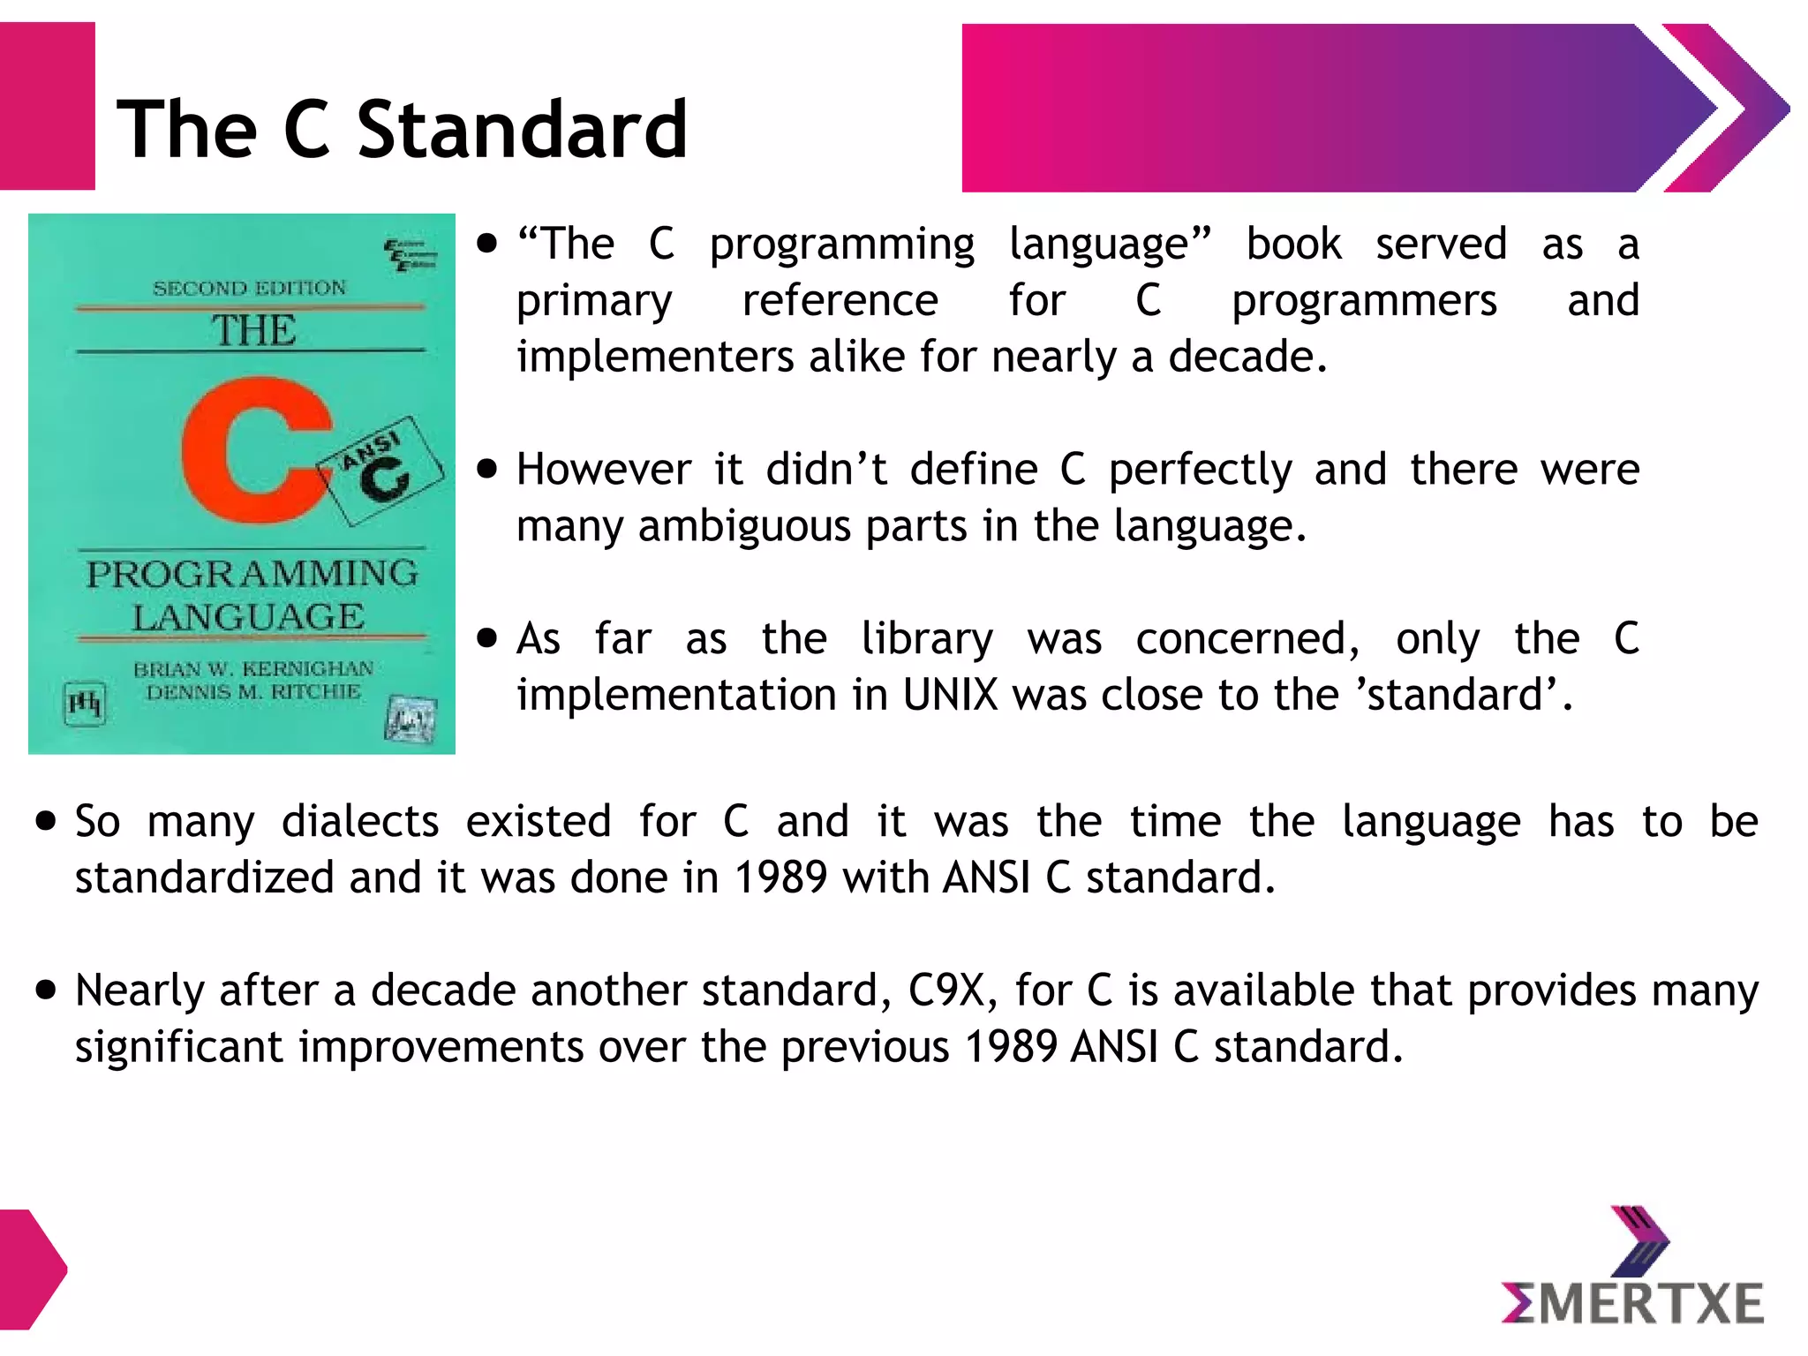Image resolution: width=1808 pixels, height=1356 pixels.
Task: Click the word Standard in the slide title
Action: tap(522, 130)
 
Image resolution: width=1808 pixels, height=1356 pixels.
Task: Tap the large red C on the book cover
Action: tap(252, 450)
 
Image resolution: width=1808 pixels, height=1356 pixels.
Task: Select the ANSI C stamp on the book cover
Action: tap(385, 470)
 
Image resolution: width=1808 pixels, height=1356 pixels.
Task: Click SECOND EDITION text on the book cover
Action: tap(250, 288)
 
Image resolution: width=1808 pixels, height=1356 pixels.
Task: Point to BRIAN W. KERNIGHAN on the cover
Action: tap(253, 668)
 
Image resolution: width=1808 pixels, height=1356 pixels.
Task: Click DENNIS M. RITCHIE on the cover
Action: tap(253, 692)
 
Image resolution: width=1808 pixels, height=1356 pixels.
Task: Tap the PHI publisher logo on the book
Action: tap(86, 703)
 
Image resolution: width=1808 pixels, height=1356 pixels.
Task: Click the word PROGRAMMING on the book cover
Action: tap(252, 574)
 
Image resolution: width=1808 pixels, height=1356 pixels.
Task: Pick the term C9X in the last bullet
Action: tap(946, 991)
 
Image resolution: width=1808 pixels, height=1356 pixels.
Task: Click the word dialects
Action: tap(360, 822)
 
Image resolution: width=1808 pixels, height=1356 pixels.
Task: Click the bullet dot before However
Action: tap(486, 469)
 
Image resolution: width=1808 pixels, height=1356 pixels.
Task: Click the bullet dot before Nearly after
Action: tap(46, 990)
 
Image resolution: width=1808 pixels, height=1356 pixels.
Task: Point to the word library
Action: tap(927, 638)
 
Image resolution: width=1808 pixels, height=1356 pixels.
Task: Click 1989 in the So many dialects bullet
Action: tap(780, 878)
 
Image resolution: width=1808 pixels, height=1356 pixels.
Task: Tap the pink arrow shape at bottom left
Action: tap(31, 1269)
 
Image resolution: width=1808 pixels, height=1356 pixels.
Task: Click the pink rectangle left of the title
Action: tap(47, 106)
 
